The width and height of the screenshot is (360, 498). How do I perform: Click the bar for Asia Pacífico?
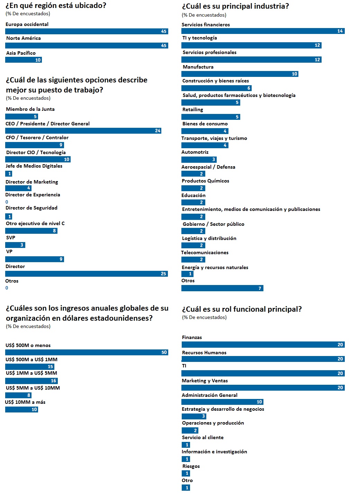click(x=24, y=60)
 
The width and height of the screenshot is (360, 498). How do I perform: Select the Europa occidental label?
click(x=27, y=24)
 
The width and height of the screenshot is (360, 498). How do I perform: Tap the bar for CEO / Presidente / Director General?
click(x=83, y=131)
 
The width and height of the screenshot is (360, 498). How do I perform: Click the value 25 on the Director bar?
click(x=163, y=274)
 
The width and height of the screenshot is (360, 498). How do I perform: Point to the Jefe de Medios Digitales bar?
click(x=9, y=174)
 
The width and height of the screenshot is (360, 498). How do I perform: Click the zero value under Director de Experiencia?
click(x=7, y=202)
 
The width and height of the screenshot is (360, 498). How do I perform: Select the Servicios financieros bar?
click(x=263, y=31)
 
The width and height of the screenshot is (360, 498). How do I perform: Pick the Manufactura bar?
click(x=240, y=74)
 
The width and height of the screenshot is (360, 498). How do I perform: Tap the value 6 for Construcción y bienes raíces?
click(x=249, y=88)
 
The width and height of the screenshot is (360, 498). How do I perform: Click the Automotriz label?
click(x=195, y=152)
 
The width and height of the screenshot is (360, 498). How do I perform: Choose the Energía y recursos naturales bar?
click(x=187, y=274)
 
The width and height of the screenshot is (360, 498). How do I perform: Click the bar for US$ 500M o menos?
click(x=87, y=353)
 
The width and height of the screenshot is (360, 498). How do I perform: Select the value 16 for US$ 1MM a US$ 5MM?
click(x=53, y=381)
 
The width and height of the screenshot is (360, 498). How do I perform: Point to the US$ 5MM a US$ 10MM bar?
click(x=18, y=395)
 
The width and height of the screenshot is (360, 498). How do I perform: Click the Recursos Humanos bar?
click(x=263, y=359)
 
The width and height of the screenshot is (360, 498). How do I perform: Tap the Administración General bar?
click(x=223, y=402)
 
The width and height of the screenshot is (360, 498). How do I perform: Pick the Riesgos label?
click(x=191, y=466)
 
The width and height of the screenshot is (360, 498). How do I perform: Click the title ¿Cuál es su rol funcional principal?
click(x=242, y=309)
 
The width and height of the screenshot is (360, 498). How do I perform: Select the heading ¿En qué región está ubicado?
click(x=56, y=6)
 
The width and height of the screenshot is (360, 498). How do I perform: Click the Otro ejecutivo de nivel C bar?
click(x=31, y=231)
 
